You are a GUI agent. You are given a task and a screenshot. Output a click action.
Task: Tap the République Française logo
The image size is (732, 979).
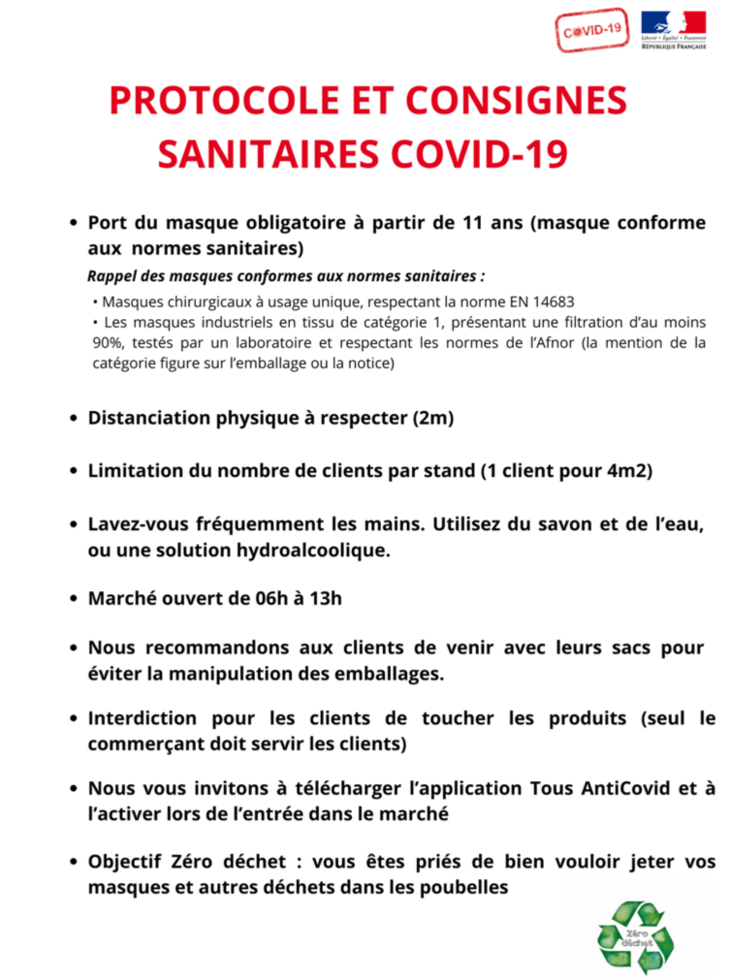pos(673,30)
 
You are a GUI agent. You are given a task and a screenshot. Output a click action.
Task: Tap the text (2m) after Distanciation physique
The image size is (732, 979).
pos(432,419)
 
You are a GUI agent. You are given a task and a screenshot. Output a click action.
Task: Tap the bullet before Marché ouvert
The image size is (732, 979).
pos(74,598)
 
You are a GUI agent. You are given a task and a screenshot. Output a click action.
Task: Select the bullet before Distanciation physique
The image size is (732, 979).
pos(74,420)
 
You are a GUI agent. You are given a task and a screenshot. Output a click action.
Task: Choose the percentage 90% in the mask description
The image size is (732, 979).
pos(103,343)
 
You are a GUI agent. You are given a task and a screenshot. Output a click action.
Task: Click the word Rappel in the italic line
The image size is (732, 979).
pos(111,274)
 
